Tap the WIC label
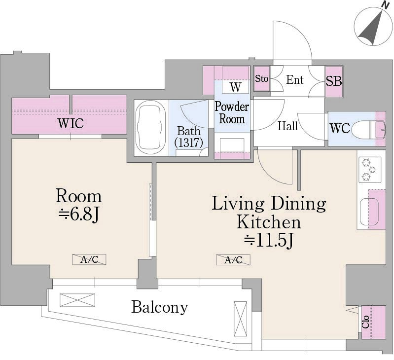[71, 123]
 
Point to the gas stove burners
[370, 170]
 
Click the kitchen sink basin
[369, 212]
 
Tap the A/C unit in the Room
[89, 259]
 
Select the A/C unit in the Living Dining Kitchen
[233, 260]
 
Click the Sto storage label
[261, 78]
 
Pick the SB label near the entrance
[334, 81]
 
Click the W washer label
[235, 87]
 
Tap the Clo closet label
[365, 322]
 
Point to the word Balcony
[160, 307]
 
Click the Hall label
[287, 126]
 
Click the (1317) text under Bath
[189, 143]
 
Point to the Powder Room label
[232, 113]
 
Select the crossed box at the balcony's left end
[77, 300]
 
